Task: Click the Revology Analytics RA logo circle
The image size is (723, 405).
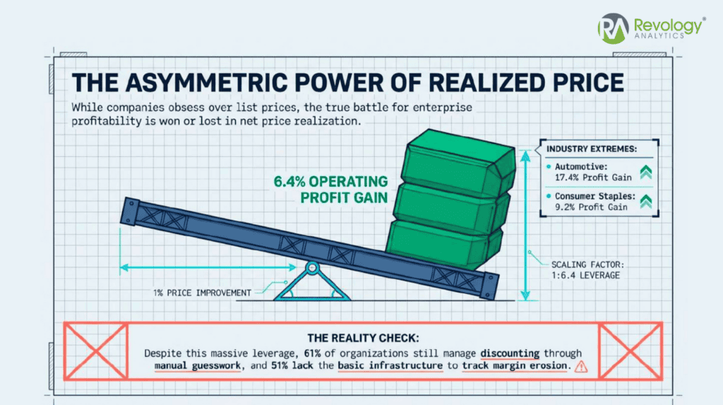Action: coord(614,28)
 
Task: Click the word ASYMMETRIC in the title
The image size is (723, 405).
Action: coord(208,83)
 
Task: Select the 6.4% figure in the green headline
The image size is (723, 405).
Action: coord(289,182)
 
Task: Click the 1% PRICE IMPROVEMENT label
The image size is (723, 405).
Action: coord(202,293)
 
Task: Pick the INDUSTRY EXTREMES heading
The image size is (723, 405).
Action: coord(592,149)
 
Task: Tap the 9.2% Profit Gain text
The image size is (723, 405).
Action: coord(591,207)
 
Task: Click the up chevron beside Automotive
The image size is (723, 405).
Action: coord(645,172)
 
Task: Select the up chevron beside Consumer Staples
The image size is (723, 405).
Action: coord(645,202)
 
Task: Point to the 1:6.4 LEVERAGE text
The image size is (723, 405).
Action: coord(585,276)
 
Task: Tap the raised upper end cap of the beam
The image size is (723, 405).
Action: coord(130,211)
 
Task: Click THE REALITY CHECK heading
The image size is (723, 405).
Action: coord(363,338)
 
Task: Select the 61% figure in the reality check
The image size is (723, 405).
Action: coord(312,353)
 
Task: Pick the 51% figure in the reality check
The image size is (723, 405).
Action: coord(280,365)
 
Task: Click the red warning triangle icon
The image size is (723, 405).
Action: coord(581,367)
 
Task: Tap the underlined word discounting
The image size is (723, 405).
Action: coord(510,353)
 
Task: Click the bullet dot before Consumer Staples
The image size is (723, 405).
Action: coord(549,196)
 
